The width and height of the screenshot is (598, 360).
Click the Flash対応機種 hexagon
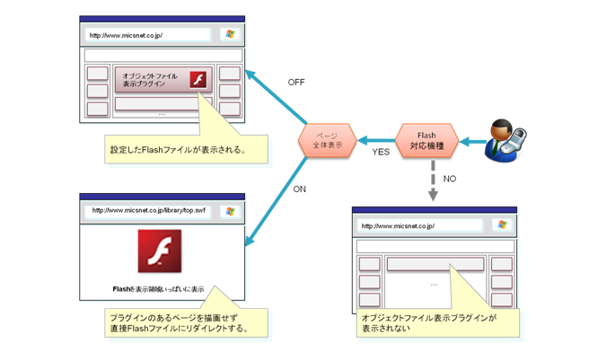coord(427,141)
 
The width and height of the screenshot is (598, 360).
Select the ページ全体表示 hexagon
coord(328,141)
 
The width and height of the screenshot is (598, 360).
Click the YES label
coord(381,153)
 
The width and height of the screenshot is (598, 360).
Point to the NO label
coord(450,179)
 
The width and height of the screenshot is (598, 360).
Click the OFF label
coord(296,82)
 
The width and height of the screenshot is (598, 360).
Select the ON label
coord(300,189)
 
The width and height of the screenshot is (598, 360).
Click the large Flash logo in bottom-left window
coord(159,250)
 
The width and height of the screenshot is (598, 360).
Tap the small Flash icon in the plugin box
coord(198,80)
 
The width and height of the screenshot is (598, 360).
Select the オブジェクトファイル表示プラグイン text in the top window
coord(150,80)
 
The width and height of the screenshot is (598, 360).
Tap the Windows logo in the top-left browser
coord(230,35)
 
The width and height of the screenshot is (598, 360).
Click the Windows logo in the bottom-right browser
coord(502,226)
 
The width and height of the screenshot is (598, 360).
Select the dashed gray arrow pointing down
coord(432,180)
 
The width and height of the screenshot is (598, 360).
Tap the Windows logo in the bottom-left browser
coord(230,212)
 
